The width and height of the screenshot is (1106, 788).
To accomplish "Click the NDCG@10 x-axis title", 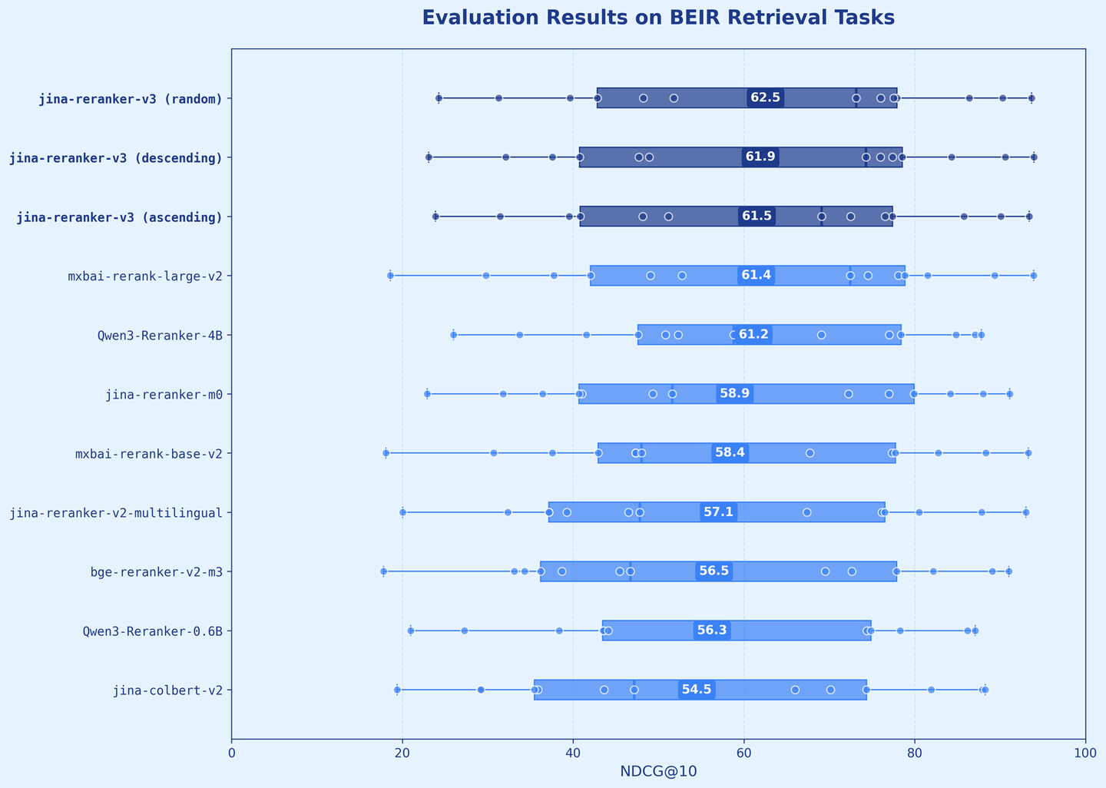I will pos(658,771).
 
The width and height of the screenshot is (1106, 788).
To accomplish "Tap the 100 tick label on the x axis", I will pos(1085,753).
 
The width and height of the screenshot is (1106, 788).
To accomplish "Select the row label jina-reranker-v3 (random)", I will pos(131,98).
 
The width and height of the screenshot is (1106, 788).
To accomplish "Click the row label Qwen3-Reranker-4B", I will pos(165,335).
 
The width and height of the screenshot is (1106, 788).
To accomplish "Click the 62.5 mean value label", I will pos(765,98).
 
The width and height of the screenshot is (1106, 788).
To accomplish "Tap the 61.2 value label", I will pos(753,334).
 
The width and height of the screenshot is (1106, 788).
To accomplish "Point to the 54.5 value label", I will pos(697,689).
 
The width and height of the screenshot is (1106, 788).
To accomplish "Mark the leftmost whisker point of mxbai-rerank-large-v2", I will pos(390,275).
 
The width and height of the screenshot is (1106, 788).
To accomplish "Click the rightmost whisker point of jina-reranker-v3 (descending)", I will pos(1034,157).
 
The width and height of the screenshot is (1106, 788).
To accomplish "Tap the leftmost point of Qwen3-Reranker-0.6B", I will pos(410,631).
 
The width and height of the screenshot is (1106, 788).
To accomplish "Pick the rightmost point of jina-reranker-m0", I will pos(1009,394).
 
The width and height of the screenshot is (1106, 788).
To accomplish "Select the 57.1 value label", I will pos(718,512).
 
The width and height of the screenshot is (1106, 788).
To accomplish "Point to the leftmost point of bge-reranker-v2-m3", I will pos(383,571).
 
